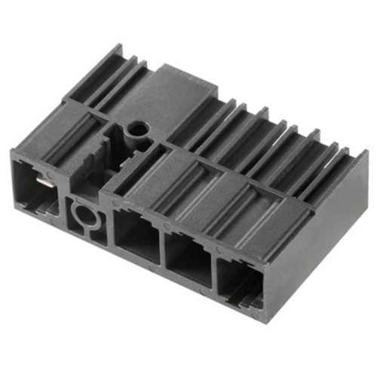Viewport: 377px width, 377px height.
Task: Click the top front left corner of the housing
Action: coord(13,152)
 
